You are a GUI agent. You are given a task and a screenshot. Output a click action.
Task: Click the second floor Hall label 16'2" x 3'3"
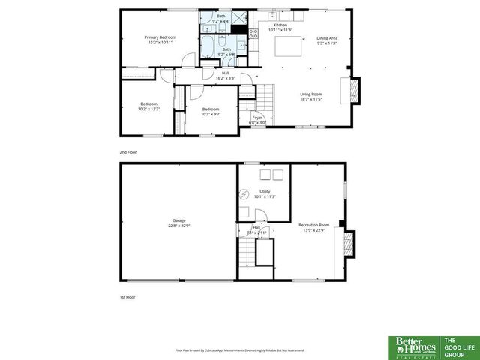coord(226,76)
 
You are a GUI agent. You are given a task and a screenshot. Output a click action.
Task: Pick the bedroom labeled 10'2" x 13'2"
coord(148,106)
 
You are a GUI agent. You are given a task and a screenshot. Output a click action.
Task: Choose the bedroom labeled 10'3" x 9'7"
coord(210,112)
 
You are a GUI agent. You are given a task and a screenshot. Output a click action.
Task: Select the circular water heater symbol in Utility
coord(245,194)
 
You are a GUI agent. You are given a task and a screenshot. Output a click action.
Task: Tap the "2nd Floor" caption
coord(127,152)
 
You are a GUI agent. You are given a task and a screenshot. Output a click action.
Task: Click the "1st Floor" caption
coord(127,297)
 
